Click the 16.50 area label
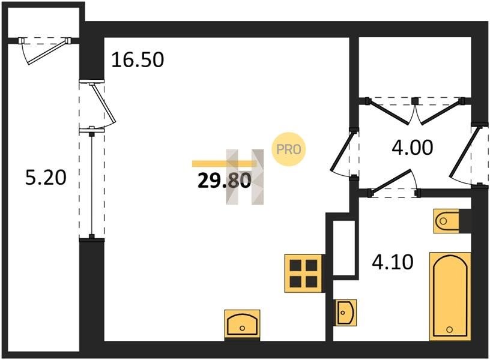138,59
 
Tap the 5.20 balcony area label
46,178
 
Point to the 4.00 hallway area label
412,148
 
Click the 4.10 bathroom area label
393,262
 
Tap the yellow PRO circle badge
288,149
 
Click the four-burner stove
303,274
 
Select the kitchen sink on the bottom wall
242,325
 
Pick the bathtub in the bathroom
450,296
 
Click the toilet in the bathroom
446,221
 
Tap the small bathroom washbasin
346,312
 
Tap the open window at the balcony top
46,50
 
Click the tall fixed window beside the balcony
91,184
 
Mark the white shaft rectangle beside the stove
344,248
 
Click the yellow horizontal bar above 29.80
225,164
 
